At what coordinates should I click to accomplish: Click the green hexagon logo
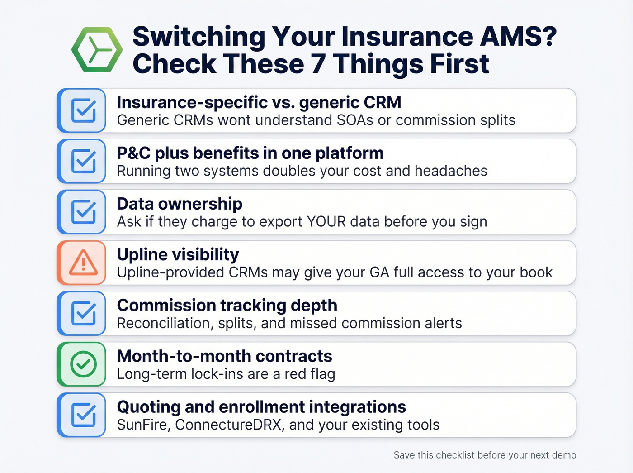pos(97,50)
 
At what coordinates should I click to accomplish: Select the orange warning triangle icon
pos(83,263)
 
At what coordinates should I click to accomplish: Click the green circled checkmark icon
pos(84,364)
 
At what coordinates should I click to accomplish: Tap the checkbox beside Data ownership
pos(84,212)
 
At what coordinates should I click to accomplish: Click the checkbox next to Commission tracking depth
pos(84,313)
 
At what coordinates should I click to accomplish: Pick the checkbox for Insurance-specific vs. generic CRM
pos(84,110)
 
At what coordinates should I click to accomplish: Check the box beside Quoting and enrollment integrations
pos(84,415)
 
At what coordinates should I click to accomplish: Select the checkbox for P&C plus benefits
pos(84,161)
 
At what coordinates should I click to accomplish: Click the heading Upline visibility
pos(178,255)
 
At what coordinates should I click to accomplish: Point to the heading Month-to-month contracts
pos(224,356)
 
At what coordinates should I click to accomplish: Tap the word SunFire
pos(143,425)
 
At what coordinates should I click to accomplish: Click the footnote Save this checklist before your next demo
pos(485,455)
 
